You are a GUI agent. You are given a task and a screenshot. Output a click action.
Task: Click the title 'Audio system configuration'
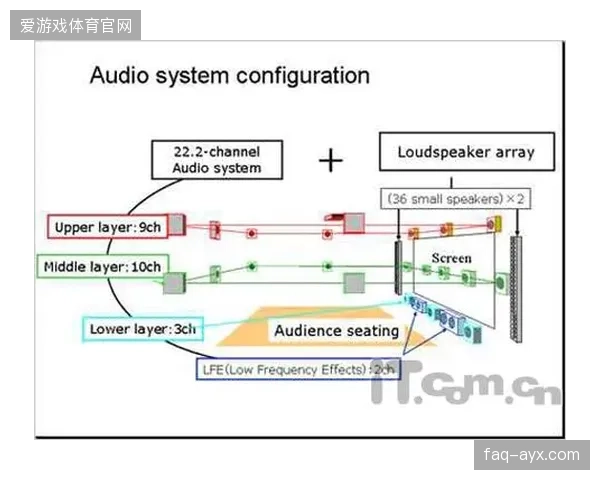(x=230, y=76)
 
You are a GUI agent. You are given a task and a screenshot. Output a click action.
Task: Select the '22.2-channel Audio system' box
(x=217, y=160)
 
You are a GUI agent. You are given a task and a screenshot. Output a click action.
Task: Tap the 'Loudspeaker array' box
(x=467, y=152)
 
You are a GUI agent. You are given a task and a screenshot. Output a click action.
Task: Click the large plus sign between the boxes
(x=331, y=160)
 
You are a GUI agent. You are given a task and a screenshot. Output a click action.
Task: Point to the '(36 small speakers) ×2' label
(x=455, y=199)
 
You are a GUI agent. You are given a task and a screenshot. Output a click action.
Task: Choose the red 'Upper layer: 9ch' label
(x=108, y=227)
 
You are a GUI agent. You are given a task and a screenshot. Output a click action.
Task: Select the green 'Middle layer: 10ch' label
(x=103, y=266)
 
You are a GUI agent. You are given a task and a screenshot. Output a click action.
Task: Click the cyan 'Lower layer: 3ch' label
(x=142, y=329)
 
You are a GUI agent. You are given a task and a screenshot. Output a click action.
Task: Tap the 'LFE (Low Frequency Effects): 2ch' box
(x=298, y=369)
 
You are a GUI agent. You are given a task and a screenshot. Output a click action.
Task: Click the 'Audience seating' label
(x=337, y=330)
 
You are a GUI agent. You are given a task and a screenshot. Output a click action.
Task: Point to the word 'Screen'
(x=452, y=258)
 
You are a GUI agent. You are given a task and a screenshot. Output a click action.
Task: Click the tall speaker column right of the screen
(x=515, y=289)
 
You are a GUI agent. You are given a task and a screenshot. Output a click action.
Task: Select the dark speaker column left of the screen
(x=398, y=268)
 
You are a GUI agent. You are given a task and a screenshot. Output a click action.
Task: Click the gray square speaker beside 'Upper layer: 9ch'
(x=177, y=224)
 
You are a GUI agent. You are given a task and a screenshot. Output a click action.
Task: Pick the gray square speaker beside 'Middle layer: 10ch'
(x=174, y=283)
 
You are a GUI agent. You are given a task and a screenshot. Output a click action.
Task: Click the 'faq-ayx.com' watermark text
(x=532, y=455)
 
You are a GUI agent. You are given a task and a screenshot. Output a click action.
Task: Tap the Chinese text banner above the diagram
(x=76, y=26)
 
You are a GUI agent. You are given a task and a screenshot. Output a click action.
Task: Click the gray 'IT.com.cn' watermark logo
(x=465, y=383)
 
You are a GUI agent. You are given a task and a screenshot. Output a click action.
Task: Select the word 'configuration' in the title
(x=303, y=76)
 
